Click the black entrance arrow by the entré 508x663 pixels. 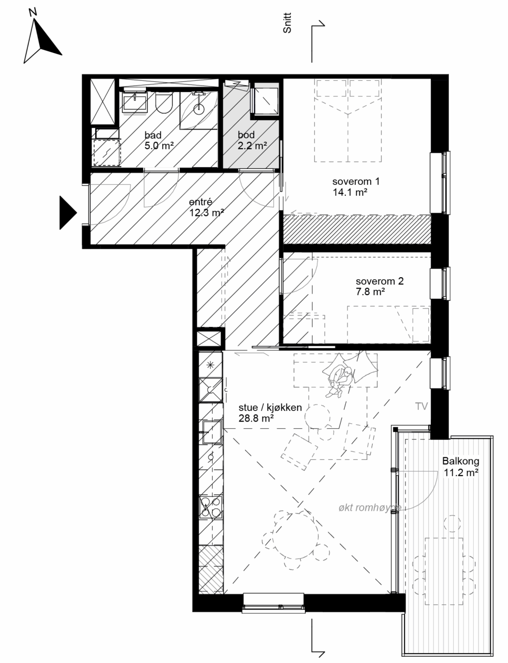67,212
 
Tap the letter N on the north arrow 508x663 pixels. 33,12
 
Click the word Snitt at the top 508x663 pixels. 287,23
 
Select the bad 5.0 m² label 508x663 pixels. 159,140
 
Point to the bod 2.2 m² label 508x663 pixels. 252,140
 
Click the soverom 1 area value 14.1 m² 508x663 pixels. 350,193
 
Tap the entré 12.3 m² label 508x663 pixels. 207,207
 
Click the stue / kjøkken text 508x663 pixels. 270,407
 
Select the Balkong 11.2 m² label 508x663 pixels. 461,467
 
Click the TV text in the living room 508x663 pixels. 422,407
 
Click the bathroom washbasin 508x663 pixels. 135,102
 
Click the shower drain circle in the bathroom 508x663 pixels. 199,107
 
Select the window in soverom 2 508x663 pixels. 440,283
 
